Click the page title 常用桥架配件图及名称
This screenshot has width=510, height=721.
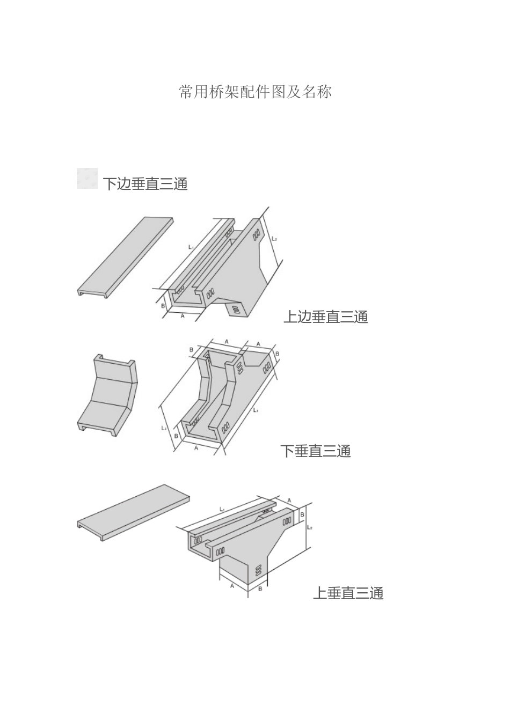point(255,92)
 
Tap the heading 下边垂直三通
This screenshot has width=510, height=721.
point(145,184)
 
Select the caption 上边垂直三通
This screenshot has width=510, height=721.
point(325,317)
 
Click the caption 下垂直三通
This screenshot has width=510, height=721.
point(315,451)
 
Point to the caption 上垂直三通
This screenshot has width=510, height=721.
point(348,593)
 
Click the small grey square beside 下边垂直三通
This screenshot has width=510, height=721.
point(87,179)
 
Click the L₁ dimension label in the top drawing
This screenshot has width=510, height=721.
point(191,247)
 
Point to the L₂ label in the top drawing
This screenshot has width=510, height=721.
point(274,238)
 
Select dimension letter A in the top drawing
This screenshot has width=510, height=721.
point(183,317)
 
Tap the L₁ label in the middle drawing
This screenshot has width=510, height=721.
point(256,410)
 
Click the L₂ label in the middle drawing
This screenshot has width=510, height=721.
point(164,428)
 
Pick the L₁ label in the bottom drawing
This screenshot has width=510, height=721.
point(222,509)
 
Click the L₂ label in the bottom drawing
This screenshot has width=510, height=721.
point(310,527)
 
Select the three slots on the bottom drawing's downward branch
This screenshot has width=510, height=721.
point(259,571)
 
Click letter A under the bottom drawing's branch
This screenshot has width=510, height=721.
point(232,586)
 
